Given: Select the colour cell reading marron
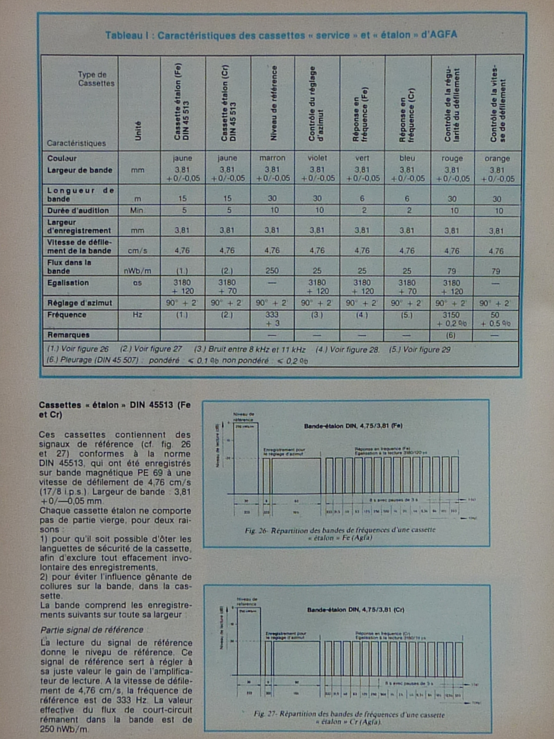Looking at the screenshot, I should (x=272, y=158).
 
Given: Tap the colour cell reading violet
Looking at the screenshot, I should (x=317, y=158).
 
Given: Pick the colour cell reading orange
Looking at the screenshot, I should (x=497, y=158).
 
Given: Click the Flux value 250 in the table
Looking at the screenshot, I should (x=272, y=271).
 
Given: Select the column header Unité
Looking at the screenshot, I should (x=138, y=131).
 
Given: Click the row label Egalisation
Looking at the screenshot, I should (x=68, y=283).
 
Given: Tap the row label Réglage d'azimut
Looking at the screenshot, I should (x=79, y=303).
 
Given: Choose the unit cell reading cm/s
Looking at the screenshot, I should (x=138, y=251).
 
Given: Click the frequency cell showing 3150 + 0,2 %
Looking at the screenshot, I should (x=451, y=319).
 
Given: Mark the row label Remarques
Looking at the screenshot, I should (x=68, y=335).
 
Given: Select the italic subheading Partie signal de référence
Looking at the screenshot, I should (x=91, y=630).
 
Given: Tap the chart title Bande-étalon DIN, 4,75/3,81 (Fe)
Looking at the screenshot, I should (x=353, y=426).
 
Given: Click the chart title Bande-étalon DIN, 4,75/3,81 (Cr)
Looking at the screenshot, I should (x=355, y=610).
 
